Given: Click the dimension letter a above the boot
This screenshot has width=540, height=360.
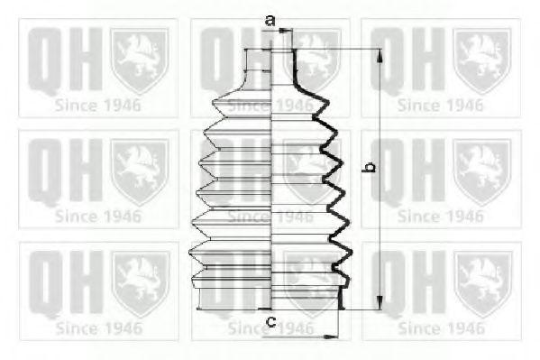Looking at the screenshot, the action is point(270,21).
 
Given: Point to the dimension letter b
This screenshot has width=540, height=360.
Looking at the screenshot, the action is point(371,167).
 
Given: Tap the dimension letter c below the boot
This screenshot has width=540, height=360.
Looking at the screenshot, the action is point(271,322).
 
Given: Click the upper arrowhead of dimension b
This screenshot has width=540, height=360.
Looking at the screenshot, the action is point(380,56).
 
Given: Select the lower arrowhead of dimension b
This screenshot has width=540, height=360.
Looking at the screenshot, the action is point(380,302).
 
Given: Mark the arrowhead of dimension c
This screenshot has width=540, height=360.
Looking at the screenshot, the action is point(331,337).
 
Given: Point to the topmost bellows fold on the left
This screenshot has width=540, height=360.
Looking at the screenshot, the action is point(242,103).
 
